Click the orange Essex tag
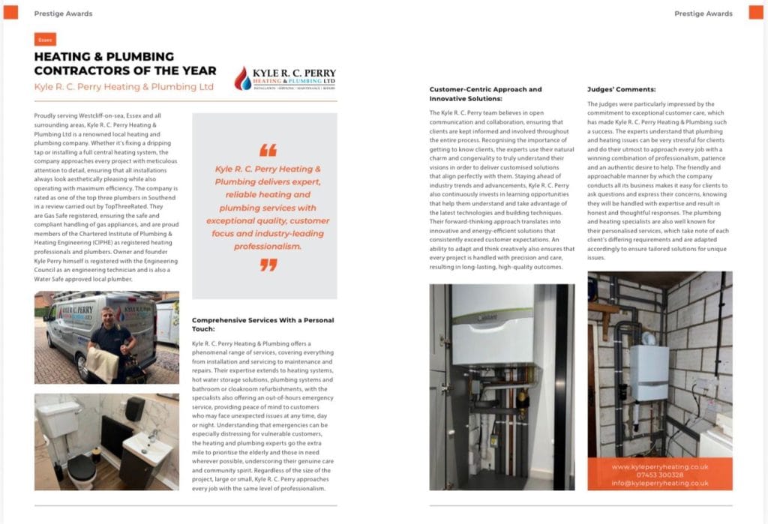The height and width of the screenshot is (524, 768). (x=45, y=40)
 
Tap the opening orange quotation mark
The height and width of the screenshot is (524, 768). (x=268, y=150)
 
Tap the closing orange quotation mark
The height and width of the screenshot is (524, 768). (x=268, y=265)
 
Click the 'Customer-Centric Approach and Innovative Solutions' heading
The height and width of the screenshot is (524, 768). (x=484, y=94)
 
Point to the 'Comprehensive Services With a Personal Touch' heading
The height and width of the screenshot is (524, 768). (x=262, y=324)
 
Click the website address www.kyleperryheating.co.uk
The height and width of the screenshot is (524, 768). (x=659, y=466)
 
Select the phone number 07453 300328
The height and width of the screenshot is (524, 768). (x=659, y=475)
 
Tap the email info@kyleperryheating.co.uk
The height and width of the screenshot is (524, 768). (x=659, y=484)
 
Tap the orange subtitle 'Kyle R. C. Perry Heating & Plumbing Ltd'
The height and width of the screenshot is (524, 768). (x=124, y=87)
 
